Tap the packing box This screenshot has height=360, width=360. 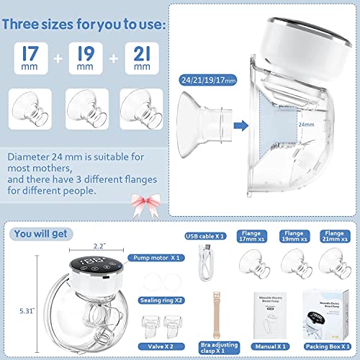[327, 318]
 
